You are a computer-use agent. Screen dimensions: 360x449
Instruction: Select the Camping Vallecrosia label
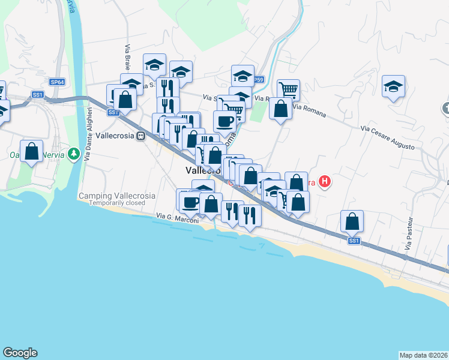pyautogui.click(x=117, y=196)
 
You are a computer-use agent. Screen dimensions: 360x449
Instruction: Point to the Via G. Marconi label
pyautogui.click(x=176, y=216)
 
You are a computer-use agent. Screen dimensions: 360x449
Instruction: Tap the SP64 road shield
pyautogui.click(x=57, y=82)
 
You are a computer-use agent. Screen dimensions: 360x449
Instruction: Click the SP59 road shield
pyautogui.click(x=258, y=79)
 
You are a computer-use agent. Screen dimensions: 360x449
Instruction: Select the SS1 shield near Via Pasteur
pyautogui.click(x=354, y=241)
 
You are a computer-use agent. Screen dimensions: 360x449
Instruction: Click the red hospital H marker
pyautogui.click(x=325, y=181)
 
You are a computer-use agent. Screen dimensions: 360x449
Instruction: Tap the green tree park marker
pyautogui.click(x=74, y=154)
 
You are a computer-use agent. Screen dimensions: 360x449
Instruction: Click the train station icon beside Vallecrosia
pyautogui.click(x=141, y=136)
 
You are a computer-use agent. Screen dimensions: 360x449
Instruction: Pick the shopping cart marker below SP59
pyautogui.click(x=289, y=90)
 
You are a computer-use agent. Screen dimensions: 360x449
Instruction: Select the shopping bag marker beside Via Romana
pyautogui.click(x=280, y=109)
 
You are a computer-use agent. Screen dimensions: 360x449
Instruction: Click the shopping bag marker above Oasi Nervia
pyautogui.click(x=31, y=151)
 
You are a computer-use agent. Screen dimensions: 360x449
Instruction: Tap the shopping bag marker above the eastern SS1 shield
pyautogui.click(x=352, y=221)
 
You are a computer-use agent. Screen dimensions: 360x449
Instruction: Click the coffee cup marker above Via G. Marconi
pyautogui.click(x=190, y=201)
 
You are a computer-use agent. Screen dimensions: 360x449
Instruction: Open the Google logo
pyautogui.click(x=20, y=353)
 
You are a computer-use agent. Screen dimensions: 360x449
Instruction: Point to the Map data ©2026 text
pyautogui.click(x=424, y=355)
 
